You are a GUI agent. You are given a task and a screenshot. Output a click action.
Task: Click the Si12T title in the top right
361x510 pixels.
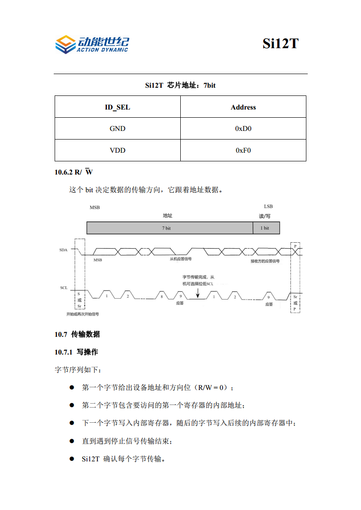click(280, 44)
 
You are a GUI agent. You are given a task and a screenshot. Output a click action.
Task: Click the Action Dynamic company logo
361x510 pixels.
click(92, 44)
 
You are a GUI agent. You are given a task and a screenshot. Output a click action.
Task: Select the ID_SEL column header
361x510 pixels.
click(117, 107)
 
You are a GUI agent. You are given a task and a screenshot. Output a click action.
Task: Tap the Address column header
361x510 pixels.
click(243, 107)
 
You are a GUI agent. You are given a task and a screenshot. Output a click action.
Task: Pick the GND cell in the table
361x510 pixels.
click(117, 129)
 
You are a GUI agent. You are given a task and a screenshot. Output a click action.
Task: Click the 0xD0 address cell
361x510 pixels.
click(243, 129)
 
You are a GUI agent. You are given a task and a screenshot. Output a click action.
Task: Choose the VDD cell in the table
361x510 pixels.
click(117, 150)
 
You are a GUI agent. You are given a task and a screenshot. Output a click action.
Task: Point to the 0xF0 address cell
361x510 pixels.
click(243, 150)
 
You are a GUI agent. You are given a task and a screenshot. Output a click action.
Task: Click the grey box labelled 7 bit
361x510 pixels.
click(169, 228)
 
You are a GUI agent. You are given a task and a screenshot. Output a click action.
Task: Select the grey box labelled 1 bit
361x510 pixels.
click(266, 228)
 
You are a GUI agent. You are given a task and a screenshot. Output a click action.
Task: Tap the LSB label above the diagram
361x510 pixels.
click(268, 206)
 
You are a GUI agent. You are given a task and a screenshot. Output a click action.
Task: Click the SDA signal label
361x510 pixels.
click(63, 250)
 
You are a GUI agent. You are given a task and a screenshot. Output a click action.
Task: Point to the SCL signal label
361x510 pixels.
click(64, 288)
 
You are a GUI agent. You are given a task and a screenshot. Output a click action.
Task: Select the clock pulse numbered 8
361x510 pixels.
click(161, 296)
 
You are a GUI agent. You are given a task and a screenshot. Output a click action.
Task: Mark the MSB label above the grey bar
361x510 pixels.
click(94, 207)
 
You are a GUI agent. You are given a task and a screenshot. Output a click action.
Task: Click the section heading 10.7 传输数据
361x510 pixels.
click(77, 335)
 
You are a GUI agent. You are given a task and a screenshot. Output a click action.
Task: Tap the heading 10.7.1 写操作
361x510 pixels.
click(76, 352)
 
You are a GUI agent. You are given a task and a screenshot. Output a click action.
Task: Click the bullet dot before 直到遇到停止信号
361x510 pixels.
click(71, 441)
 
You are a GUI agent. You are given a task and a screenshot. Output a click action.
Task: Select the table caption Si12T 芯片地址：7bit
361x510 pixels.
click(180, 85)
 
